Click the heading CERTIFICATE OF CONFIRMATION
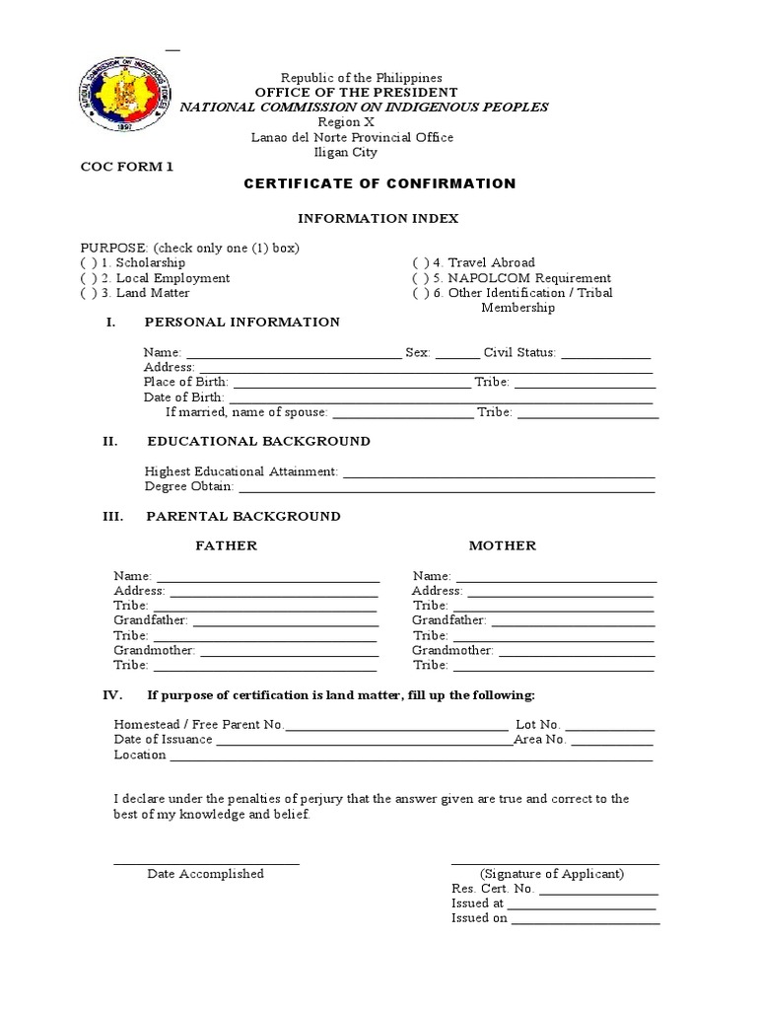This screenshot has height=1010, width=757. (379, 183)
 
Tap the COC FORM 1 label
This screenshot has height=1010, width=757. (126, 167)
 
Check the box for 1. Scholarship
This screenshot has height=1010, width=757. (89, 263)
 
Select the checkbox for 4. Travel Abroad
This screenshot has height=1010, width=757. (420, 263)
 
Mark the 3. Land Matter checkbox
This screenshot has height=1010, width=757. (89, 293)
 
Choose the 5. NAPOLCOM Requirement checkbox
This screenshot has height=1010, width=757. (420, 278)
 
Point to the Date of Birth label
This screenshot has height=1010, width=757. (185, 397)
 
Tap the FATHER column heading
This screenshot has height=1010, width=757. (226, 546)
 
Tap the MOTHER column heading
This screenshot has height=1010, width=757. (503, 546)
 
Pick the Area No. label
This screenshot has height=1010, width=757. (539, 740)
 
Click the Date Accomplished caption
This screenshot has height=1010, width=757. (206, 874)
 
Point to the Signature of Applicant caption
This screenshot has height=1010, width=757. (552, 874)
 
